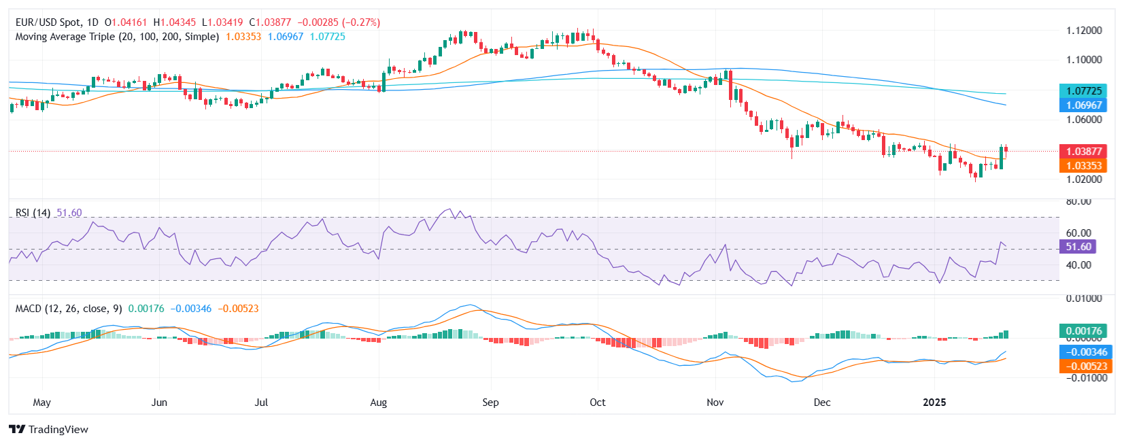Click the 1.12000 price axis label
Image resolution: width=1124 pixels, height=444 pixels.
click(1084, 31)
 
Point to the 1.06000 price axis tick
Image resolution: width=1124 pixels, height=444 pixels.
click(1084, 120)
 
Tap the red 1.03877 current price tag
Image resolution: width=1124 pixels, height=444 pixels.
click(1083, 152)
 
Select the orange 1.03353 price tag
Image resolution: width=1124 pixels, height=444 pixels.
click(1083, 166)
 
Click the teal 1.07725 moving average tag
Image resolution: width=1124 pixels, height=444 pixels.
click(1083, 91)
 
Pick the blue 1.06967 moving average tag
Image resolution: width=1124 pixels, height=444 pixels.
click(1083, 105)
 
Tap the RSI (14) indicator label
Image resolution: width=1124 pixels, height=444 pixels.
click(33, 213)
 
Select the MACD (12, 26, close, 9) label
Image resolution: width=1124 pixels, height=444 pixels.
click(69, 309)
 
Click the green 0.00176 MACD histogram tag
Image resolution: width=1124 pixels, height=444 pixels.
click(1083, 331)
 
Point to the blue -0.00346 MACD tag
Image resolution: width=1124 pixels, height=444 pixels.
click(1083, 352)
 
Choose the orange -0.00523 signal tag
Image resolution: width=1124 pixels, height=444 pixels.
click(1083, 366)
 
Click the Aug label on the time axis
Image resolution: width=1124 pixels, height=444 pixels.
click(379, 403)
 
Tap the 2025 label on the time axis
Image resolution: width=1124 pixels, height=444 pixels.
click(934, 403)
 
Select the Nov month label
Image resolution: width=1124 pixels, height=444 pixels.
click(715, 403)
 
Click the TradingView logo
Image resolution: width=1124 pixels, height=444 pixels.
click(49, 430)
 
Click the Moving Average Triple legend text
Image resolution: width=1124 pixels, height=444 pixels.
click(117, 37)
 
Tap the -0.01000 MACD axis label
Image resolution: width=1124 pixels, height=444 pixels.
click(1084, 378)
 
